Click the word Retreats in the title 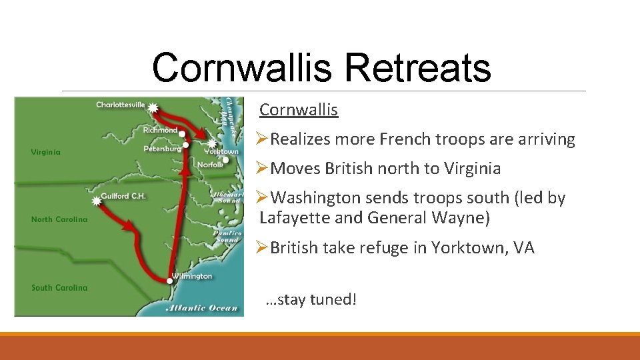tap(417, 67)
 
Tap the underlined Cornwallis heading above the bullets tap(299, 110)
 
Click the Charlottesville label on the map tap(120, 105)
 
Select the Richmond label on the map tap(160, 130)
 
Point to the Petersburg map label tap(162, 149)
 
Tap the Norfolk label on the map tap(211, 165)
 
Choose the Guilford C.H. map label tap(123, 196)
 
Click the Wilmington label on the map tap(192, 276)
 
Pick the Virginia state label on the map tap(46, 152)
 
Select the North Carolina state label tap(59, 219)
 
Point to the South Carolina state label tap(59, 287)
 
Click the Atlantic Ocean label tap(201, 307)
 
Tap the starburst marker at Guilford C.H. tap(97, 201)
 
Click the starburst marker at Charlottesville tap(153, 107)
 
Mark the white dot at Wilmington tap(169, 281)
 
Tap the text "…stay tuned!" tap(311, 299)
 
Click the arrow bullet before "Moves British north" tap(262, 169)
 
